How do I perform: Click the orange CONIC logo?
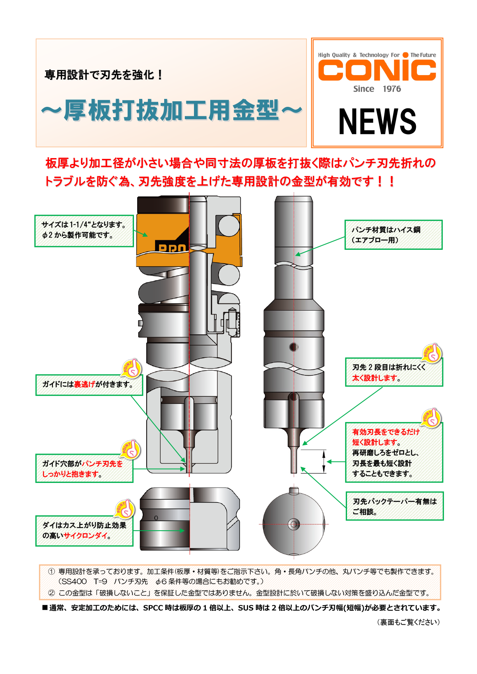(377, 71)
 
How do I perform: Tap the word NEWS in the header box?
(377, 122)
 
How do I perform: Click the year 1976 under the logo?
(392, 89)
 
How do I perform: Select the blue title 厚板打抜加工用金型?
(171, 110)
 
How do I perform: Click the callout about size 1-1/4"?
(84, 230)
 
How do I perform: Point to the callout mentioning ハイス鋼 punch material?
(393, 235)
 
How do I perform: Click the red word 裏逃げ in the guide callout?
(84, 384)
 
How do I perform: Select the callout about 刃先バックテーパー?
(394, 506)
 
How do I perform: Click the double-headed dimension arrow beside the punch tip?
(324, 462)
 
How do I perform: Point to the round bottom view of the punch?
(294, 524)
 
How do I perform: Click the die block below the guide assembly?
(190, 519)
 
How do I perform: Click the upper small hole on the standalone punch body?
(294, 347)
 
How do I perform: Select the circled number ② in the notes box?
(52, 593)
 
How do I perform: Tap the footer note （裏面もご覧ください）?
(408, 622)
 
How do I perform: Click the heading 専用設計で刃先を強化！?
(103, 75)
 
